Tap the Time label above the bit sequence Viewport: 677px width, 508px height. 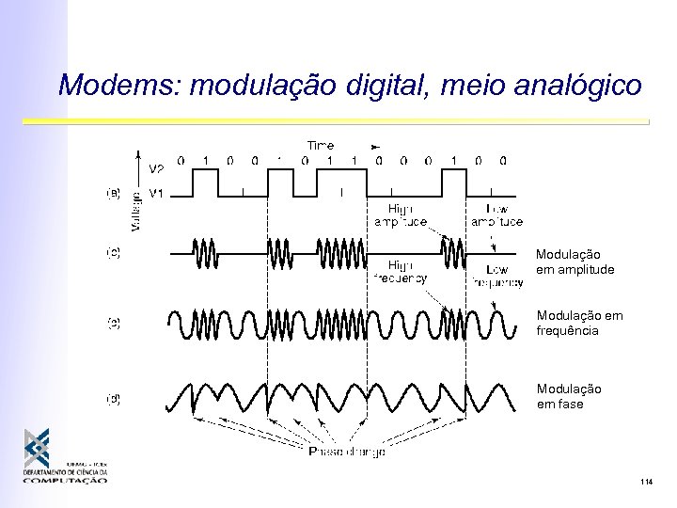320,145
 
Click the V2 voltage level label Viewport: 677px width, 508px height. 157,170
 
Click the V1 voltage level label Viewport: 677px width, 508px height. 157,195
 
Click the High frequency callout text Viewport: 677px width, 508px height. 401,272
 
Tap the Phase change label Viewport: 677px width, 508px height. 347,452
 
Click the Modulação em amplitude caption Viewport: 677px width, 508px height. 575,262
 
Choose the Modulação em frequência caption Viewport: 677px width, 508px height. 575,324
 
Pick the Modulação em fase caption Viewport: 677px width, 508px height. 569,396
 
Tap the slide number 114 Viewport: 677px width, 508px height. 644,483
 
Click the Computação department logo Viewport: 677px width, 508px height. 65,458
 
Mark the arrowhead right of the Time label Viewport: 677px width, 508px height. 376,147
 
